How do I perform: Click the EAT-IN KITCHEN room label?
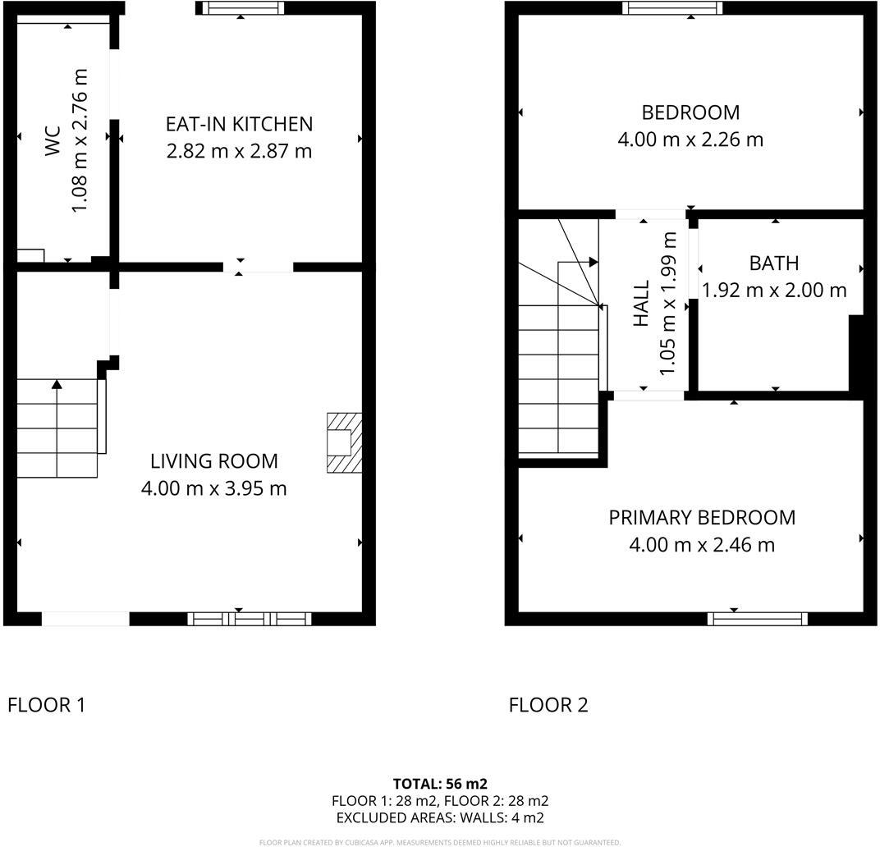click(239, 124)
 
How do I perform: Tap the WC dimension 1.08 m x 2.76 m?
click(80, 140)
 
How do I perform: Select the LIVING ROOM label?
click(213, 461)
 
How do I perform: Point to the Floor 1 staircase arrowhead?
click(57, 383)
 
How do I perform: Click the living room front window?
click(250, 618)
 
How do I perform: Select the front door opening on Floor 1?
click(85, 619)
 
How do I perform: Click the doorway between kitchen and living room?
click(258, 267)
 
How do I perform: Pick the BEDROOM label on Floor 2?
click(690, 112)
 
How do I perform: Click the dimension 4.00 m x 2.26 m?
click(690, 140)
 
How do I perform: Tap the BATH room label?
click(773, 263)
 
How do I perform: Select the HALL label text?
click(642, 304)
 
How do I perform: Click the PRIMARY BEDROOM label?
click(702, 518)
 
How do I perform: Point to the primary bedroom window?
click(758, 618)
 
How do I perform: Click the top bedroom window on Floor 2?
click(672, 8)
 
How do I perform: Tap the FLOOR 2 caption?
click(548, 705)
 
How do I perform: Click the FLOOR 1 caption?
click(46, 705)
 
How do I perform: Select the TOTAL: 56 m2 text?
click(440, 784)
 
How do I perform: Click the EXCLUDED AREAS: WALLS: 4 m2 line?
click(440, 817)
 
